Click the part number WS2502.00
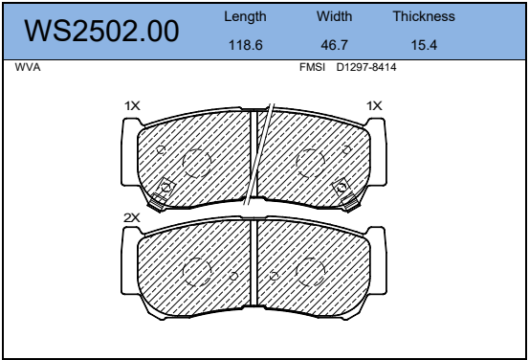[x=101, y=31]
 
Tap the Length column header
[x=245, y=17]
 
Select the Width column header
[x=335, y=16]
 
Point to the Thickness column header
[x=424, y=16]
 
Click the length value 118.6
[x=246, y=45]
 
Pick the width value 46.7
[x=335, y=45]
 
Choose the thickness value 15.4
[x=424, y=45]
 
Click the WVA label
[x=28, y=67]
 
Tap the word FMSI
[x=312, y=67]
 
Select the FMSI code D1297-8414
[x=366, y=67]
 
